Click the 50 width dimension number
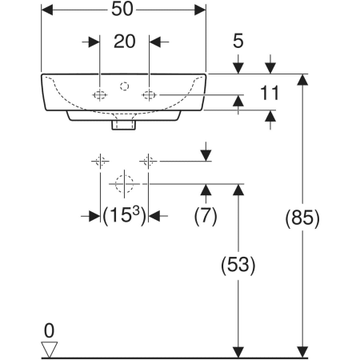pos(122,10)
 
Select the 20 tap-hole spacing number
pos(125,42)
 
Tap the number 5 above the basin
pos(238,41)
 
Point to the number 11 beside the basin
pos(270,93)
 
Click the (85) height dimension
pos(302,218)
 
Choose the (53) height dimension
pos(238,265)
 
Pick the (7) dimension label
pos(206,216)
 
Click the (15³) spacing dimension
pos(125,216)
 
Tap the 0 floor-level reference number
pos(49,330)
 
